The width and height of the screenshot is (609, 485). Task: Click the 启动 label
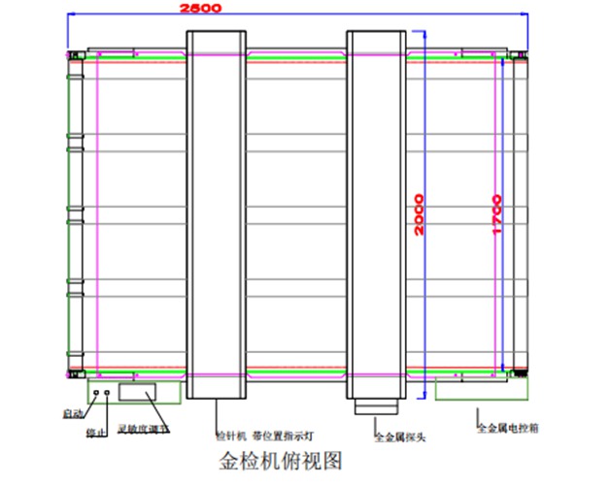pos(73,413)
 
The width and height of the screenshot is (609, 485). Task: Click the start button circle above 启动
pos(95,393)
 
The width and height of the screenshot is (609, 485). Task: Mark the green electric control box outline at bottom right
pos(481,391)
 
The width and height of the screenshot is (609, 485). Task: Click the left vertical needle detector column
pos(216,213)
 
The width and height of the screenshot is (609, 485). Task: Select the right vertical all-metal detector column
pos(376,213)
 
